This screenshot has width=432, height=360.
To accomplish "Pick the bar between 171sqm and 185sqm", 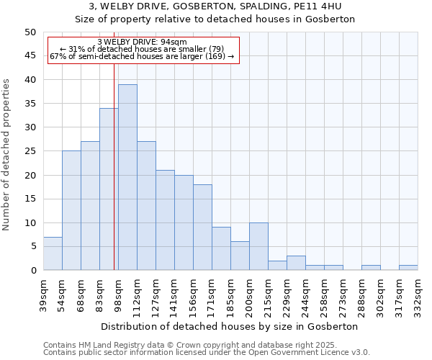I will coord(221,248).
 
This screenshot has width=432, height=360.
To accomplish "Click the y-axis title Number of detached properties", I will coord(7,155).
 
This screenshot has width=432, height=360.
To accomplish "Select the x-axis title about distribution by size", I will coord(230,326).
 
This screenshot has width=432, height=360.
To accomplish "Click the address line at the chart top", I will coord(215,6).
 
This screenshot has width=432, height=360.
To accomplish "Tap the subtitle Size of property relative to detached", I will coord(215,19).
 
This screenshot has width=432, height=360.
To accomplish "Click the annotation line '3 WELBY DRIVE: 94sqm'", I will coord(142,42).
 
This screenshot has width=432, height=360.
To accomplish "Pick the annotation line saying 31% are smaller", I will coord(142,49).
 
